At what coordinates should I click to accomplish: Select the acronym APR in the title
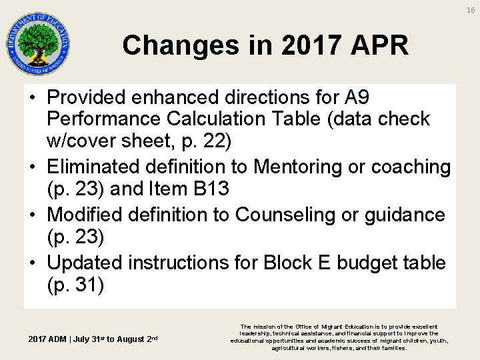coord(379,46)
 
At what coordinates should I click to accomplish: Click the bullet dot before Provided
coord(33,98)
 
